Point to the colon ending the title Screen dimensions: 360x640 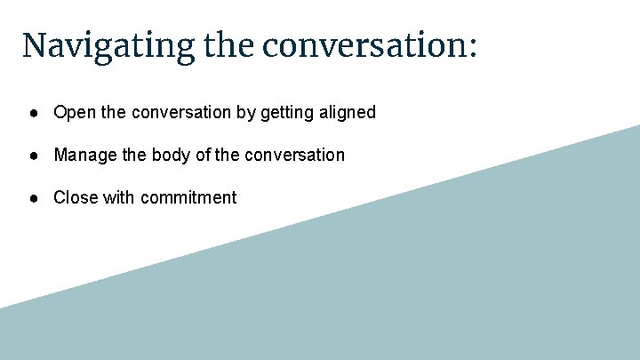[471, 47]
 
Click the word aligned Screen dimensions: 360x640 [346, 113]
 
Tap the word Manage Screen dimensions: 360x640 [83, 156]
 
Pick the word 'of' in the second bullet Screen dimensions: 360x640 [202, 156]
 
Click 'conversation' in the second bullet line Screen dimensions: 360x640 [292, 156]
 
